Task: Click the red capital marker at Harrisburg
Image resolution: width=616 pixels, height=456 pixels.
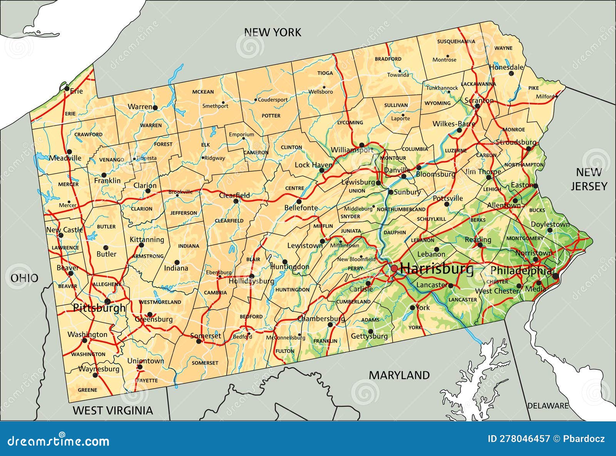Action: (394, 269)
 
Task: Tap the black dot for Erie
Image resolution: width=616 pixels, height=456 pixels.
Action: (67, 89)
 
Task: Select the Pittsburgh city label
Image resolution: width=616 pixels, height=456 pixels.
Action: (99, 308)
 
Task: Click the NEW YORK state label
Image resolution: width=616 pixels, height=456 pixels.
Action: (273, 32)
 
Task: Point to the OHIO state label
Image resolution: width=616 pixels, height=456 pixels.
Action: (24, 278)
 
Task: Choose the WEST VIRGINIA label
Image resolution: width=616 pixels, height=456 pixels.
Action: (113, 410)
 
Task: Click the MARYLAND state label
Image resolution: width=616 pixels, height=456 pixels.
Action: (399, 375)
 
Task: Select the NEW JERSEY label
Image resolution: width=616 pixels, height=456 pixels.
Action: (589, 179)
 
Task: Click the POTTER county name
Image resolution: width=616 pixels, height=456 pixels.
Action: (271, 115)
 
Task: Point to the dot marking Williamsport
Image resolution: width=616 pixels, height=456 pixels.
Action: (362, 145)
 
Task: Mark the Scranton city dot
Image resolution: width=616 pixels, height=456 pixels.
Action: (477, 106)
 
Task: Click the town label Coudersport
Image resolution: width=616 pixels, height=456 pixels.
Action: (273, 100)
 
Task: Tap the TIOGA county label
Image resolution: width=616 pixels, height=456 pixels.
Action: (325, 73)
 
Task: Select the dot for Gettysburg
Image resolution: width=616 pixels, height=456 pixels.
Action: (370, 331)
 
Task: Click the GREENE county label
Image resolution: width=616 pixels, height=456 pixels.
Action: (87, 390)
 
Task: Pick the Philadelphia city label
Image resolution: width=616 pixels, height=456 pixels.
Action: (520, 271)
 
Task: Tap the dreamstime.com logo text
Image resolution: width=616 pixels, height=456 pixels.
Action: (59, 441)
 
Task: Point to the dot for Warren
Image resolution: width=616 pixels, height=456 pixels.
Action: (155, 108)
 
